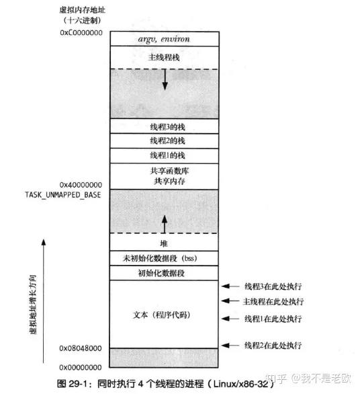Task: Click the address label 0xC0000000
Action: (81, 33)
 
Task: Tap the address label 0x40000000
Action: (81, 185)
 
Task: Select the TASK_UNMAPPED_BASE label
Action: (62, 195)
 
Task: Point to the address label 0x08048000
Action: (81, 348)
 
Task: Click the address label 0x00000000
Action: (81, 367)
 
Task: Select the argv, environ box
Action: (165, 39)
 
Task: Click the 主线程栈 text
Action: (164, 58)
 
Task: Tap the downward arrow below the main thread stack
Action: (165, 79)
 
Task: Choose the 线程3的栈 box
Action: (164, 126)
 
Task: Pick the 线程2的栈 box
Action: (164, 141)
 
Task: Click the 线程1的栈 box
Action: (164, 156)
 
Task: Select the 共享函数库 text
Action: (169, 171)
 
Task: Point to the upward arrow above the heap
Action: (165, 224)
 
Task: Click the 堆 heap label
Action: (164, 243)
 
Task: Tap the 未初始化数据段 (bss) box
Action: (164, 258)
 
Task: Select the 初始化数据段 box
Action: (164, 273)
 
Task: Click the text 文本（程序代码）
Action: (161, 315)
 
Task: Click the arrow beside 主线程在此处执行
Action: (230, 301)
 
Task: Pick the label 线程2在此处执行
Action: (273, 345)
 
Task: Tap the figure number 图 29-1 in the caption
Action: (72, 384)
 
